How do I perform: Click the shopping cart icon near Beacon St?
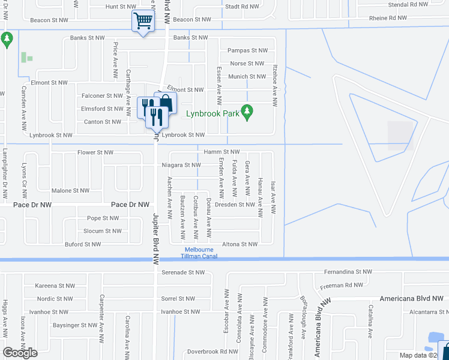143,21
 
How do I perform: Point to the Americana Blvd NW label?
412,298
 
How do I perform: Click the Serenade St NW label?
183,272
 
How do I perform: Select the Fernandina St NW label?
350,272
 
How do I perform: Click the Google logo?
20,353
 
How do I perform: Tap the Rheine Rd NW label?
388,17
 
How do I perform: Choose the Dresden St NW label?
235,205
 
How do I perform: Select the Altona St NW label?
240,244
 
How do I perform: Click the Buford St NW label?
83,244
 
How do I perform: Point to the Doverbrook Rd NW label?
212,352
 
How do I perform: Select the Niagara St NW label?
180,165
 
